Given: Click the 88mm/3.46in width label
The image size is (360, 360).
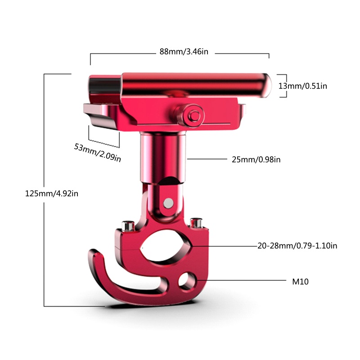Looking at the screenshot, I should (184, 52).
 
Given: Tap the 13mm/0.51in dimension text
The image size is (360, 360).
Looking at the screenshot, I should (302, 85).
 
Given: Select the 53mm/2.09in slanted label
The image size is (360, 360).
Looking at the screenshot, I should (97, 152).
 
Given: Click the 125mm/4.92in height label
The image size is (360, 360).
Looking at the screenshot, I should (52, 194).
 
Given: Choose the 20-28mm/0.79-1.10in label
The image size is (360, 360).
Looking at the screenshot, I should (297, 246).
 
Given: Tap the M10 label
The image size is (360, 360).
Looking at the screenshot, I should (300, 282).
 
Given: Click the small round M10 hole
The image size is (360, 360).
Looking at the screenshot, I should (185, 281).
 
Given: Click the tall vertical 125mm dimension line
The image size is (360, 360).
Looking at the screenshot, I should (44, 189).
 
